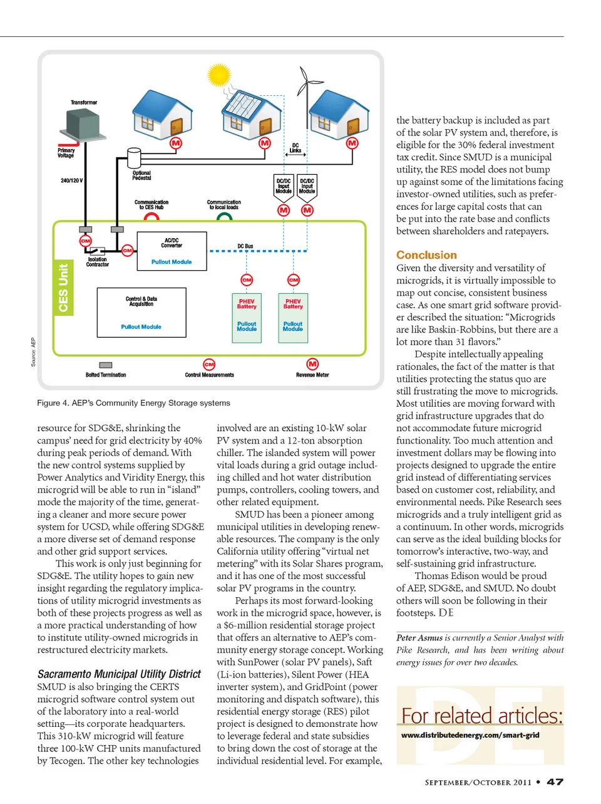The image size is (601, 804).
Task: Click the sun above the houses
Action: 219,76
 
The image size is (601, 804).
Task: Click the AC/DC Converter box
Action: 172,251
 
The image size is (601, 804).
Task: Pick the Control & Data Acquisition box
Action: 141,313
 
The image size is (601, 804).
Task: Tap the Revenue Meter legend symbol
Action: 312,364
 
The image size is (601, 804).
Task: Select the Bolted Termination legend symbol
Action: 106,365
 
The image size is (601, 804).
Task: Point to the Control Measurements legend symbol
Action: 209,365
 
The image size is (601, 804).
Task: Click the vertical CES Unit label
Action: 63,288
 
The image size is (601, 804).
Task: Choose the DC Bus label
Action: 245,246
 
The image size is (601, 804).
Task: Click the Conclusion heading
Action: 426,255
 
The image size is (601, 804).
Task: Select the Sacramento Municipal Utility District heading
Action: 119,674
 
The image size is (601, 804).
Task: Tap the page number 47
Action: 555,782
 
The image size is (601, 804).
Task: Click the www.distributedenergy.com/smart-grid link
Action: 470,735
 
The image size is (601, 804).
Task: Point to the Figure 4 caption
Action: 133,403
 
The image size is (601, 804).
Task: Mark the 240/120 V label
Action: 71,180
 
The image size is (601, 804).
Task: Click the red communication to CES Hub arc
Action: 152,217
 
